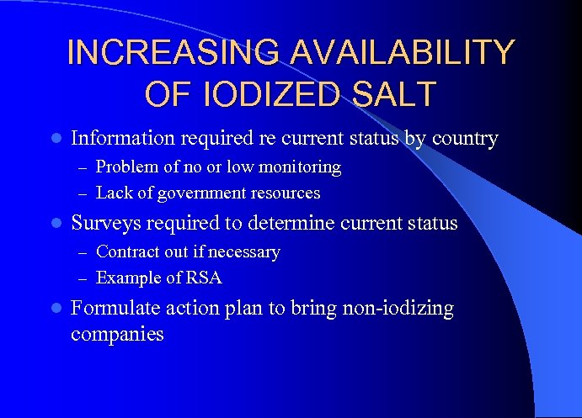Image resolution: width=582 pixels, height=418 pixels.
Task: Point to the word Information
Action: tap(123, 138)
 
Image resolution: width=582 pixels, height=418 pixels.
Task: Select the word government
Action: tap(197, 193)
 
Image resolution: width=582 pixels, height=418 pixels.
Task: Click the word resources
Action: tap(286, 193)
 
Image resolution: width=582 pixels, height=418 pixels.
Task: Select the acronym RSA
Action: tap(205, 278)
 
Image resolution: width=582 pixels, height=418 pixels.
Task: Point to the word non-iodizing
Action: tap(398, 309)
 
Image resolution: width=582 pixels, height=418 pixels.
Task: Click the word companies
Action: tap(117, 334)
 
